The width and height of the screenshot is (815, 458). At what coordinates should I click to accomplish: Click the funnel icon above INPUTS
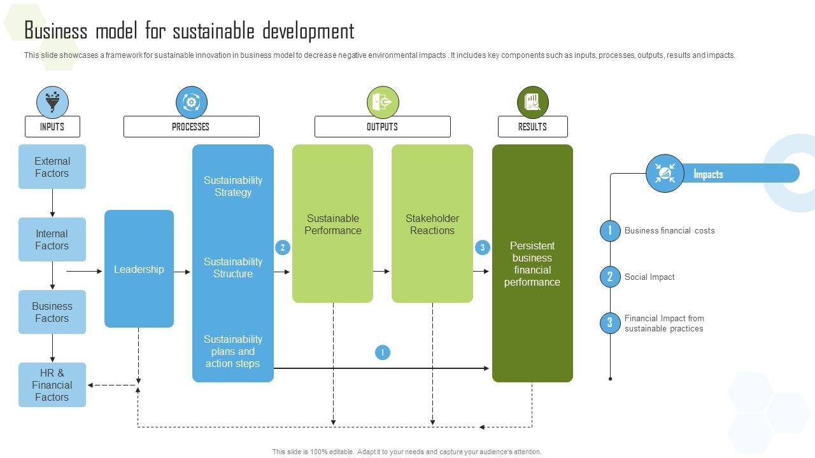coord(52,102)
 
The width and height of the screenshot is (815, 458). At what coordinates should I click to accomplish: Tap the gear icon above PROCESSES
coord(191,102)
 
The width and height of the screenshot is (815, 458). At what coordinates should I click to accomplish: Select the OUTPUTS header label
coord(382,127)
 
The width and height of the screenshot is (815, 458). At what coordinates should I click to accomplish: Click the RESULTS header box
coord(532,127)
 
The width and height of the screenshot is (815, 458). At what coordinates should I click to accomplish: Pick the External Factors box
coord(52,167)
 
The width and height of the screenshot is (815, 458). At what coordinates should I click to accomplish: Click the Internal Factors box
coord(52,240)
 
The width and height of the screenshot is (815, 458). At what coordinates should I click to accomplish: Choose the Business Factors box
coord(52,312)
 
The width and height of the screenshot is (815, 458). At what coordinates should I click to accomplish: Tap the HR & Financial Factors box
coord(52,385)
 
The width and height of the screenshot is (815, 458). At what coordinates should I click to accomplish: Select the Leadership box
coord(139,269)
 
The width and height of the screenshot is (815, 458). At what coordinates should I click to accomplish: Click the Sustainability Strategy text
coord(232,186)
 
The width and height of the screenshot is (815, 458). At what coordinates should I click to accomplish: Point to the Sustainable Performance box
coord(332,224)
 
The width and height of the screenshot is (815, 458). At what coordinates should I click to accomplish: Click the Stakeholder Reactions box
coord(432,224)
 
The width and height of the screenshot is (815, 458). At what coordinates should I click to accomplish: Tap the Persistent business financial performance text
coord(532,263)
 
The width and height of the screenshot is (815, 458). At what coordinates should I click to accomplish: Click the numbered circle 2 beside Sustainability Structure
coord(283,247)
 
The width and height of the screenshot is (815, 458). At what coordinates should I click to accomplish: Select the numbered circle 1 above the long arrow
coord(383,352)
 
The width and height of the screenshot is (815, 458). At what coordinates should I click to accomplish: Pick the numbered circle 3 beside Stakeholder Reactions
coord(483,247)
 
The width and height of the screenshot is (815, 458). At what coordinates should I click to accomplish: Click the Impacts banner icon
coord(665,173)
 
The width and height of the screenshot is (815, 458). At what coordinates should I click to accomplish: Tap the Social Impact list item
coord(649,277)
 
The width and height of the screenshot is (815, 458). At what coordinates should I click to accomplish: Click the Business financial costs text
coord(669,230)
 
